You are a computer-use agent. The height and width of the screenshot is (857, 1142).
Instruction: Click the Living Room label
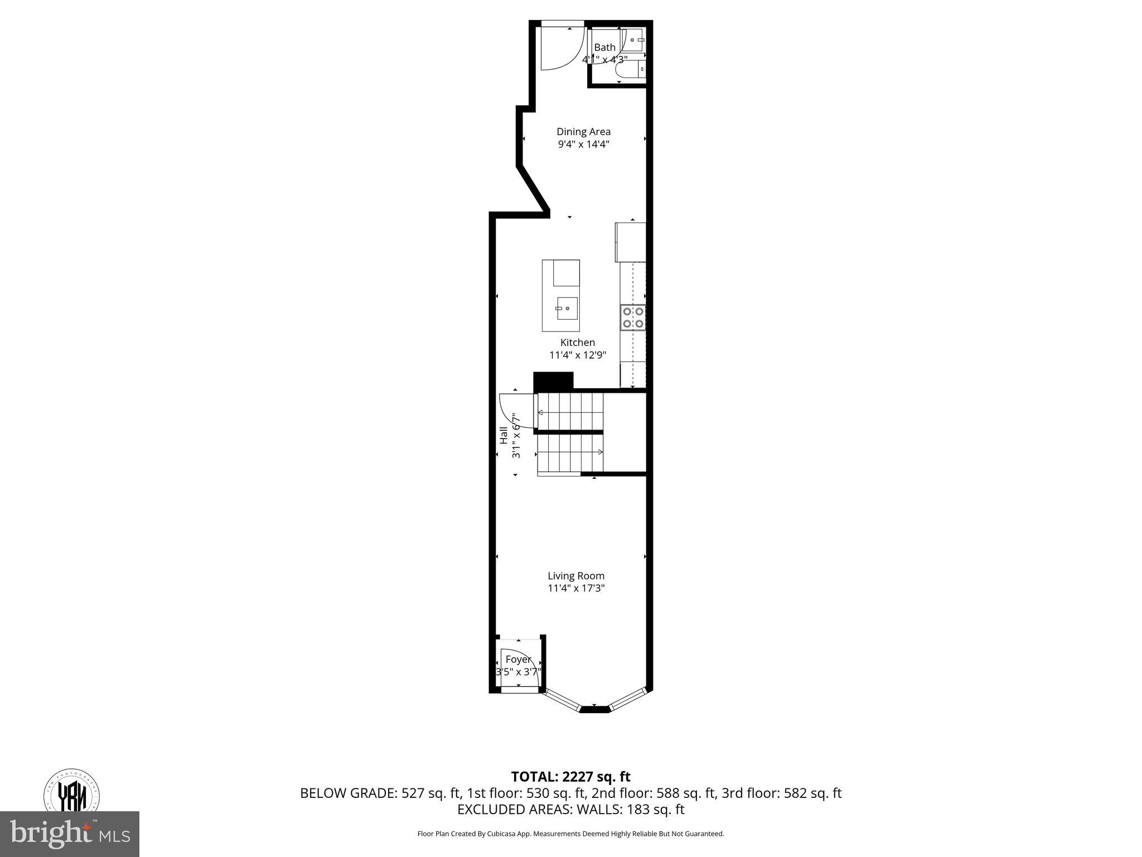click(x=575, y=576)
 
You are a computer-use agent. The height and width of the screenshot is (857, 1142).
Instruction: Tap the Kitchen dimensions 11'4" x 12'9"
click(x=577, y=355)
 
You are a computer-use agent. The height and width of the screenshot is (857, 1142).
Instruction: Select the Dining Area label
click(x=583, y=132)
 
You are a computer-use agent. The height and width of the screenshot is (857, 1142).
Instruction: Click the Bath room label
click(x=604, y=47)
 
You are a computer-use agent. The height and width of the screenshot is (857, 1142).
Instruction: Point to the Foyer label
click(x=518, y=659)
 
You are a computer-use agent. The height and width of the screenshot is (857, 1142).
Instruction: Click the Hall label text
click(x=504, y=435)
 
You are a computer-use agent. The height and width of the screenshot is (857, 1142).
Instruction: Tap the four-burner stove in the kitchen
click(x=633, y=317)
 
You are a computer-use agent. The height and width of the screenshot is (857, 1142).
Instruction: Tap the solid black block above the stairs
click(x=553, y=381)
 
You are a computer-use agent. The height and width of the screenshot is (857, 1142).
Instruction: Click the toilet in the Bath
click(x=633, y=69)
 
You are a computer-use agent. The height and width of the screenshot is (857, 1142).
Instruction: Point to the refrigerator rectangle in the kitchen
click(x=630, y=242)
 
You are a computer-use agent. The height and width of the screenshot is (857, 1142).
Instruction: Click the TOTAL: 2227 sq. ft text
click(x=570, y=777)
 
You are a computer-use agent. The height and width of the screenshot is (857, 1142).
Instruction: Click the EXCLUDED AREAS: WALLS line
click(x=570, y=810)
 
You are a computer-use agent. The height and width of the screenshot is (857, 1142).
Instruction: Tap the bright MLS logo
click(x=69, y=834)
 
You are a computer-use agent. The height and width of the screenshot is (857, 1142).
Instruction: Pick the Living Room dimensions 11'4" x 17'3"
click(x=575, y=588)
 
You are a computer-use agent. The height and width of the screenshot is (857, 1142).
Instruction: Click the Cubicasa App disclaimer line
click(x=570, y=834)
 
